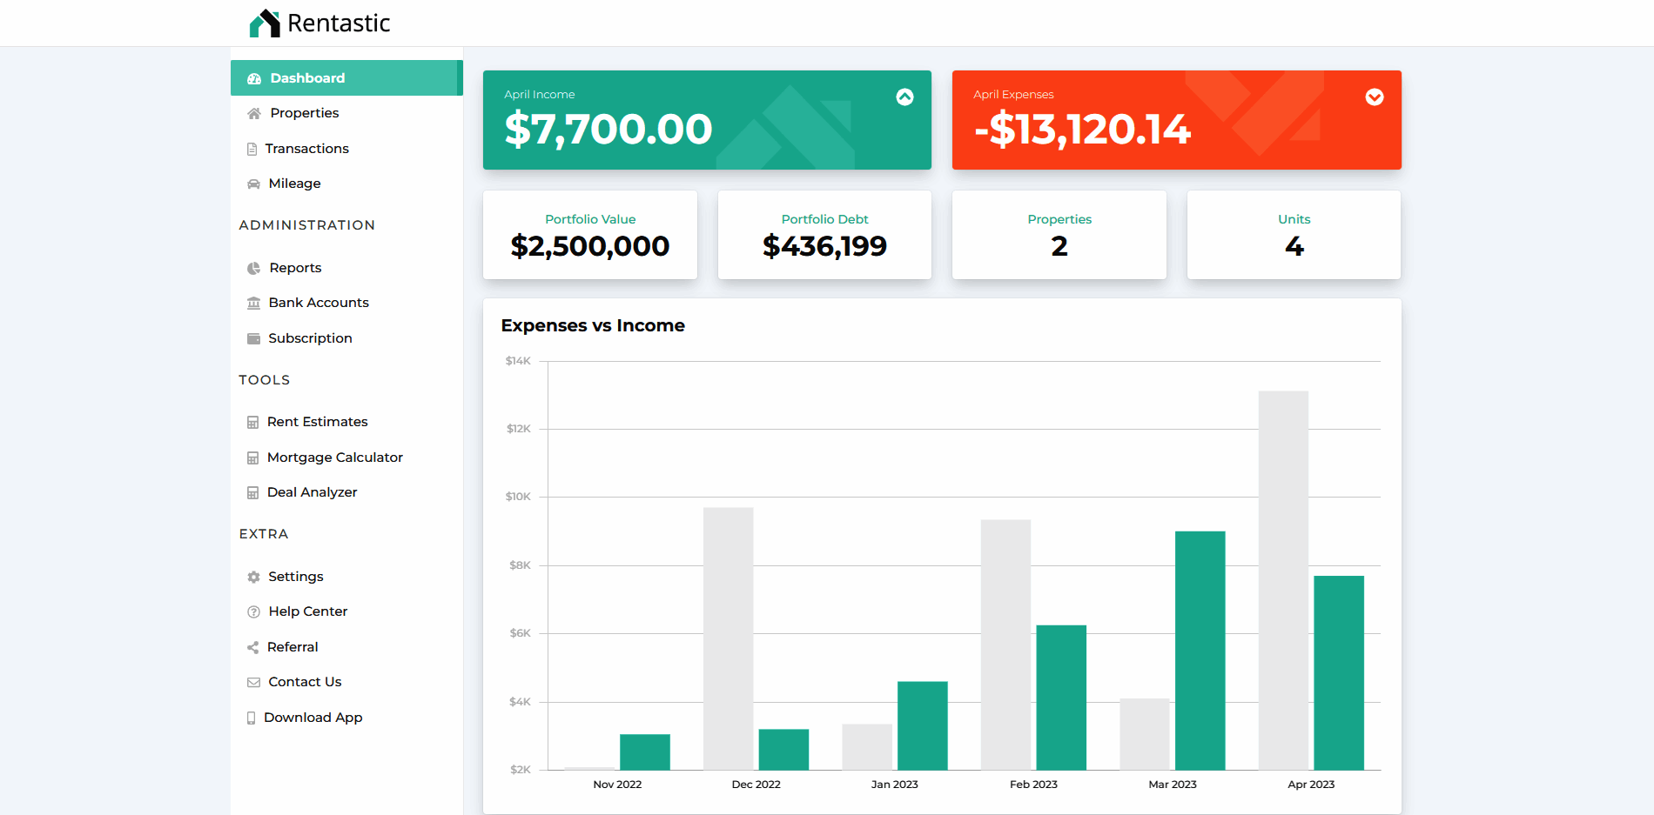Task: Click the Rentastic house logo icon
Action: pyautogui.click(x=265, y=23)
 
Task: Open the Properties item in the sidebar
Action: pyautogui.click(x=304, y=113)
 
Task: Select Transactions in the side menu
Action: pyautogui.click(x=306, y=149)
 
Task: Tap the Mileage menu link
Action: pyautogui.click(x=294, y=184)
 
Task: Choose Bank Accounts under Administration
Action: pyautogui.click(x=318, y=303)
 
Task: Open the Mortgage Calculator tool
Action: pyautogui.click(x=334, y=458)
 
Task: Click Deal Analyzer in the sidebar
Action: pyautogui.click(x=312, y=492)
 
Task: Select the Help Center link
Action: pyautogui.click(x=307, y=611)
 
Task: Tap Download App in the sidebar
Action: pyautogui.click(x=313, y=718)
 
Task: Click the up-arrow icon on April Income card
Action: pyautogui.click(x=905, y=97)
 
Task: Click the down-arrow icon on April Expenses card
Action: pyautogui.click(x=1375, y=97)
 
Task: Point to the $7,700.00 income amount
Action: pyautogui.click(x=608, y=130)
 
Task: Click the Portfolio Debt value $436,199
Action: pyautogui.click(x=824, y=246)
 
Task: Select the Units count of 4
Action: pyautogui.click(x=1294, y=247)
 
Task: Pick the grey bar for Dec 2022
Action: pyautogui.click(x=728, y=638)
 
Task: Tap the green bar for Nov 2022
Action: pyautogui.click(x=645, y=752)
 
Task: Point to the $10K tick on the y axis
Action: pyautogui.click(x=518, y=497)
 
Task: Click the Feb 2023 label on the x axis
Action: pyautogui.click(x=1033, y=785)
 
